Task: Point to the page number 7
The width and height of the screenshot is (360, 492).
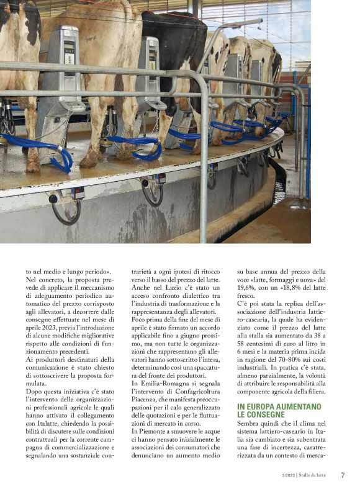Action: click(x=343, y=475)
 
